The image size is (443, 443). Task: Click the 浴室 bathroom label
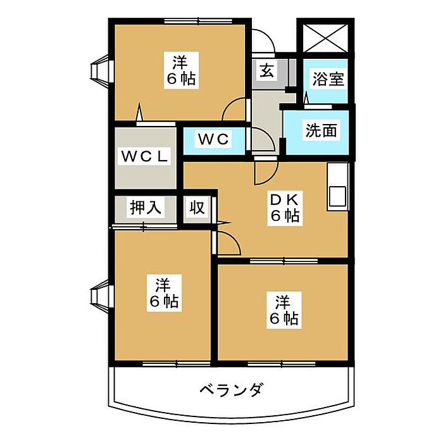tap(327, 80)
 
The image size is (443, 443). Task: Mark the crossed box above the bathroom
tap(323, 38)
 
